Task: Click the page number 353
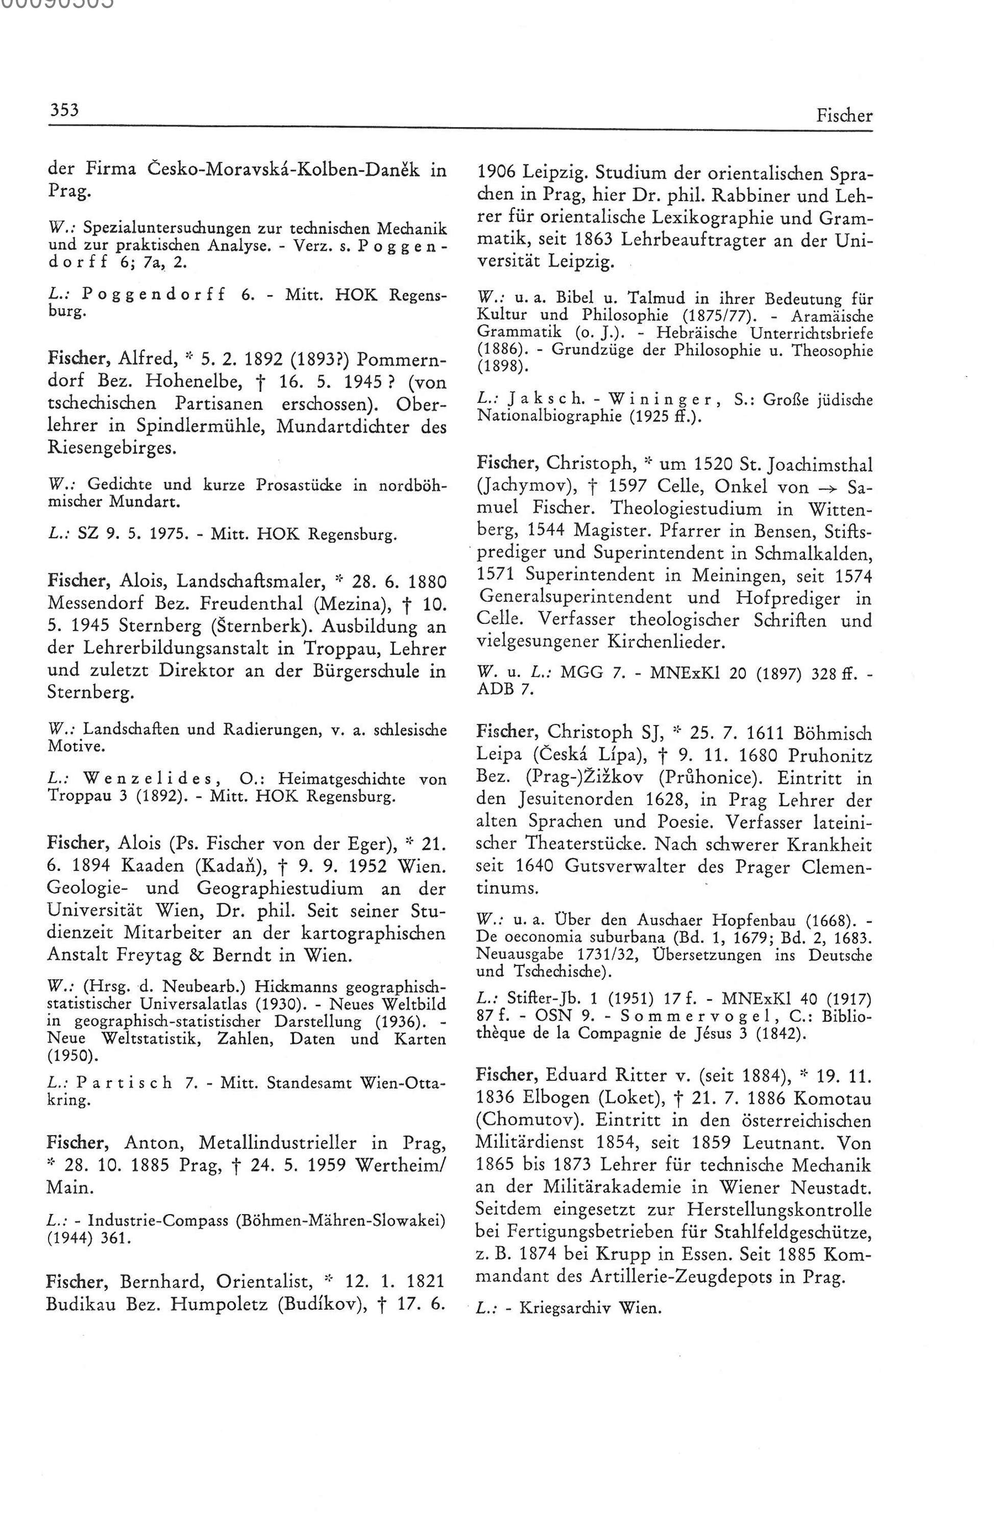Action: click(64, 111)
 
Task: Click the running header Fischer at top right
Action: click(844, 116)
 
